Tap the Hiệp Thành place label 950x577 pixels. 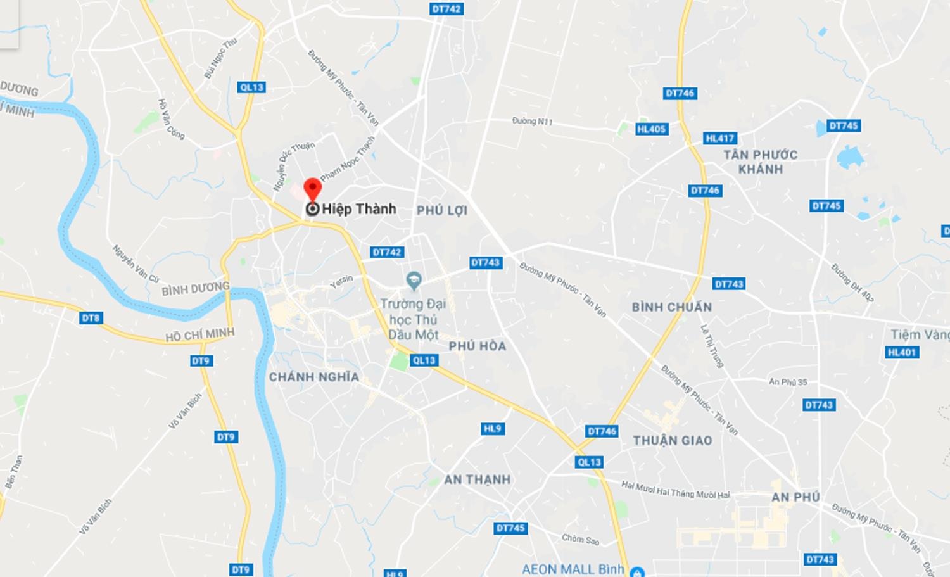click(358, 209)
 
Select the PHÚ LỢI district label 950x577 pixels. click(441, 210)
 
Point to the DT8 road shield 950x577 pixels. click(91, 318)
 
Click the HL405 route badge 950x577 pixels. click(651, 129)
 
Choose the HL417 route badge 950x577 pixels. click(720, 138)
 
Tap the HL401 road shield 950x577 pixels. click(901, 353)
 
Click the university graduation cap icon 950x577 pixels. click(414, 279)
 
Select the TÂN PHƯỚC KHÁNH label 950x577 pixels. click(760, 162)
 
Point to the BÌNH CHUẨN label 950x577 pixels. click(671, 307)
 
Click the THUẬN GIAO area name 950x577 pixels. click(672, 440)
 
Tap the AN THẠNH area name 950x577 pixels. click(477, 479)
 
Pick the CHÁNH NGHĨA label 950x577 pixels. click(313, 377)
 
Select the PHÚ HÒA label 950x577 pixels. click(477, 346)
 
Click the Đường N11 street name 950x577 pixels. click(532, 120)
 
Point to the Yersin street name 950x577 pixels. click(341, 282)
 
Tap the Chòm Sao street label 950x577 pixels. click(580, 539)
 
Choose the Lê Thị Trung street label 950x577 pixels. click(711, 346)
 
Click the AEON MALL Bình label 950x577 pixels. click(573, 569)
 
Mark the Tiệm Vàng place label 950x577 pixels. click(920, 334)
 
